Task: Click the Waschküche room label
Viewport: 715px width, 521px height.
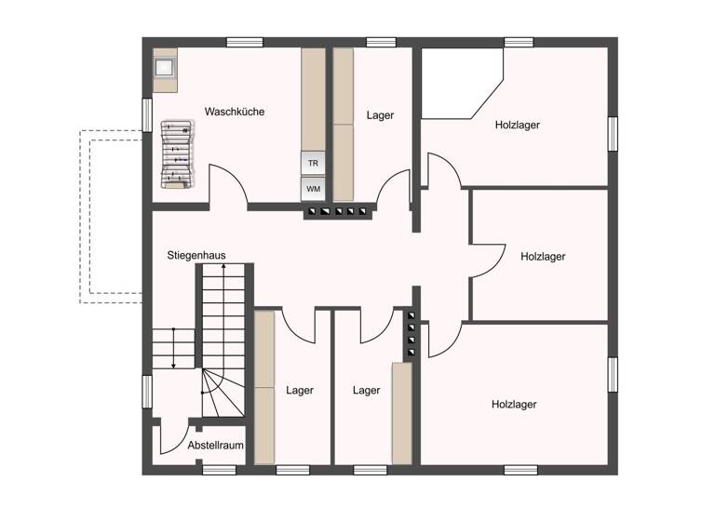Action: [235, 112]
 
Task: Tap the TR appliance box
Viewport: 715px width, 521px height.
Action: [313, 162]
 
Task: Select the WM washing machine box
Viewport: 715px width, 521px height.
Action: [313, 189]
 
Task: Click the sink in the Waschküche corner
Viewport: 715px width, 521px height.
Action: [165, 67]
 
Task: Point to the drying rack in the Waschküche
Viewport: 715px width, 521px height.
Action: [177, 154]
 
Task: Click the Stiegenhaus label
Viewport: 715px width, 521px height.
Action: [196, 255]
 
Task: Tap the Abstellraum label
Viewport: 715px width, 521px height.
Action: [215, 446]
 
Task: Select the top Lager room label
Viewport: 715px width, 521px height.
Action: [380, 115]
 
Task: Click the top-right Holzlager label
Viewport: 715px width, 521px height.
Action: [518, 125]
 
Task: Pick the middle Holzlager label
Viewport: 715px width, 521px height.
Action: [544, 256]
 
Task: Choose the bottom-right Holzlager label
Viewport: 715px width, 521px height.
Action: [514, 404]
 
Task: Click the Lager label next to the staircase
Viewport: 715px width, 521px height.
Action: [300, 391]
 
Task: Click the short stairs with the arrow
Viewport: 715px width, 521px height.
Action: [171, 349]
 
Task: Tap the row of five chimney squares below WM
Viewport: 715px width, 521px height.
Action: [338, 212]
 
